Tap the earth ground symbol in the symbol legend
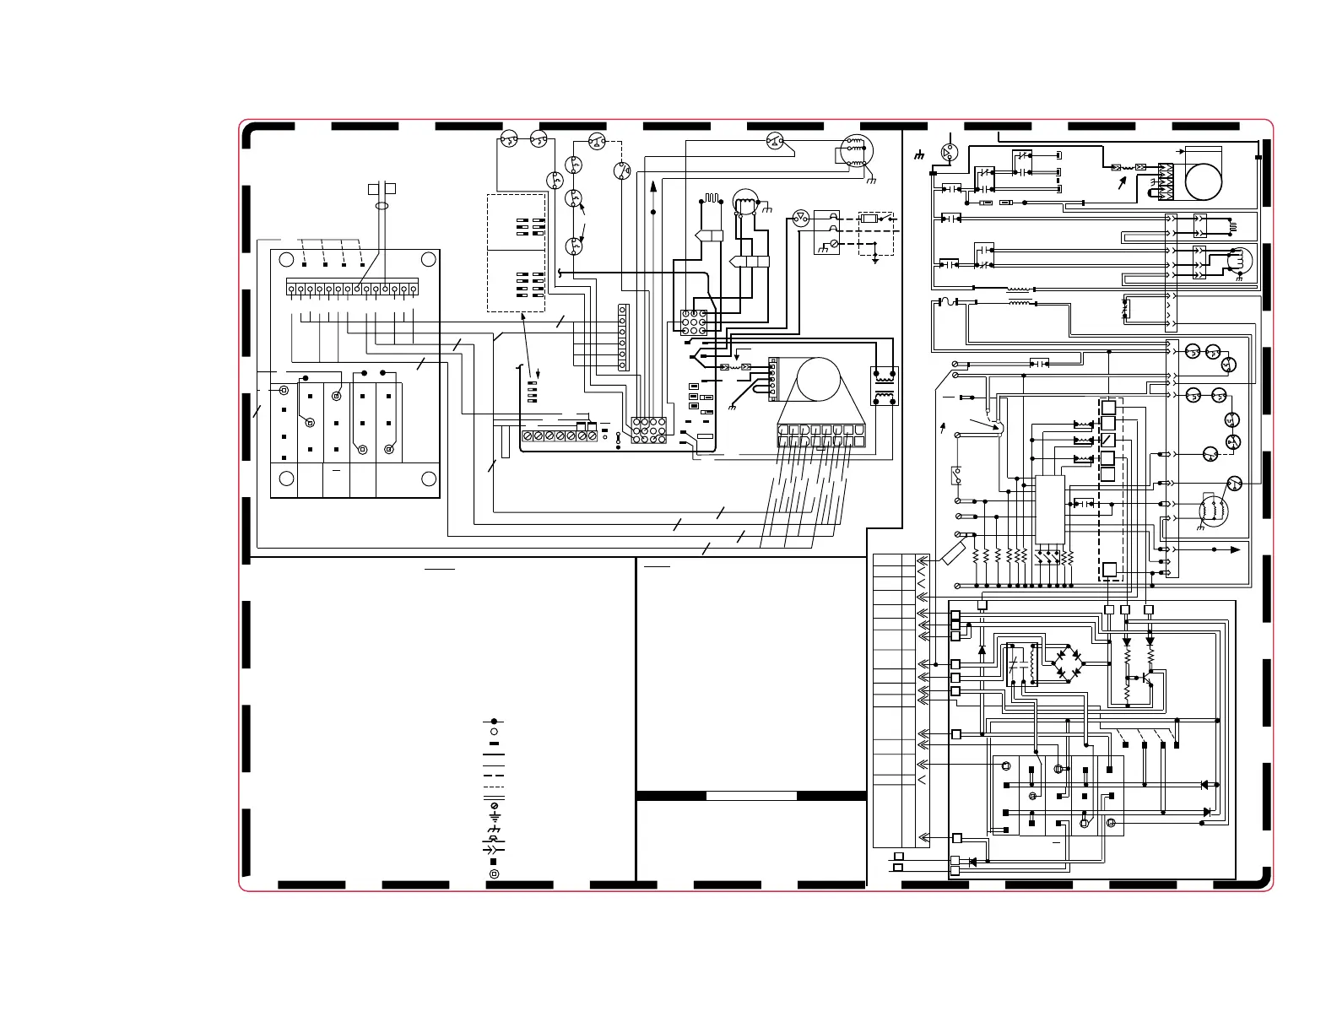coord(494,818)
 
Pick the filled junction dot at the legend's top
coord(494,722)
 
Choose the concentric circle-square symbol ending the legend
coord(494,873)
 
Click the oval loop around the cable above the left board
coord(382,205)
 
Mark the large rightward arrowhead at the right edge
coord(1237,549)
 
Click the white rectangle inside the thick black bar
coord(751,795)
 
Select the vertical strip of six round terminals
coord(623,338)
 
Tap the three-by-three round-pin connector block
coord(695,323)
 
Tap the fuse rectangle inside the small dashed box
coord(869,219)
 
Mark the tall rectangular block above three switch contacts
coord(1049,509)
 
